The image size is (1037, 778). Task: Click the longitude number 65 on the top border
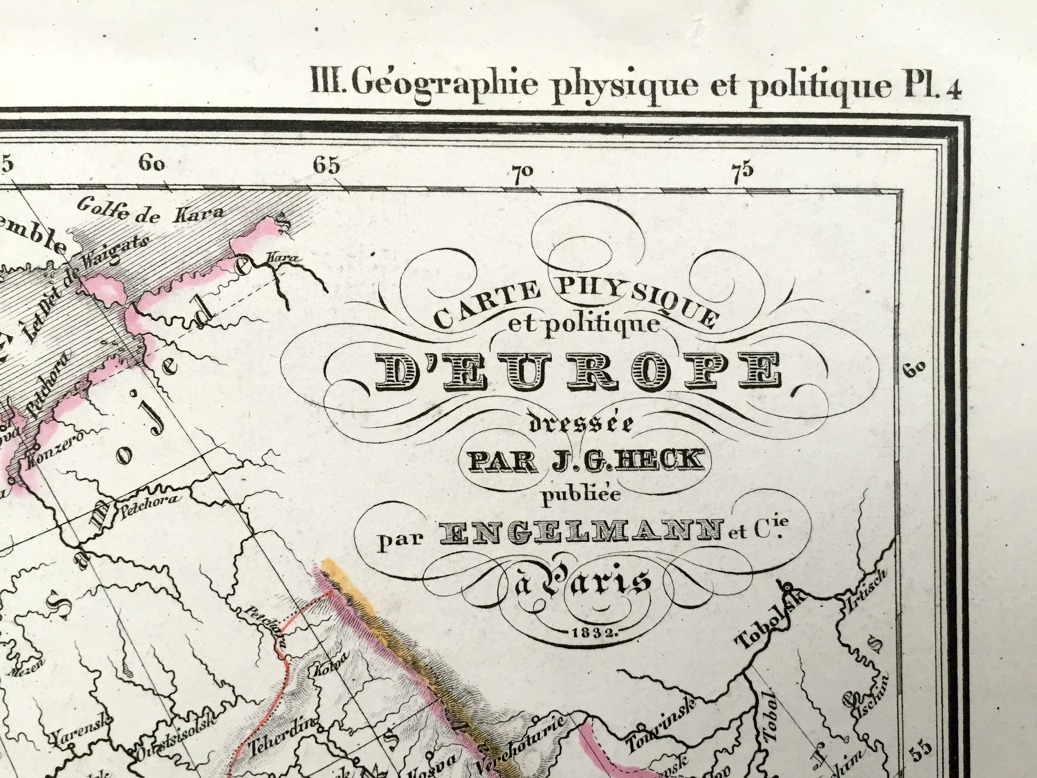click(x=327, y=165)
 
